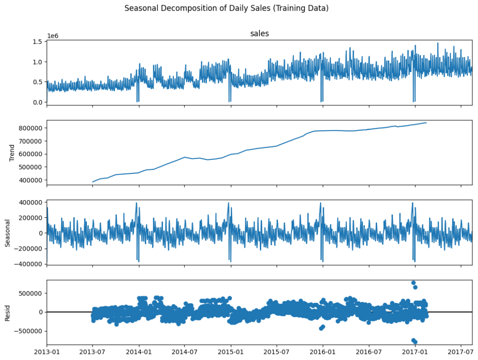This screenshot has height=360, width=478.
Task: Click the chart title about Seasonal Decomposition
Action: pyautogui.click(x=227, y=8)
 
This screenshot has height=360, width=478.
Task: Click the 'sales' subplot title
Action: pyautogui.click(x=259, y=33)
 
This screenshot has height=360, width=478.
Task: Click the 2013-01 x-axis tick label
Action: pyautogui.click(x=47, y=352)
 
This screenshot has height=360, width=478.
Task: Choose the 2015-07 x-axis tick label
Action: pyautogui.click(x=277, y=352)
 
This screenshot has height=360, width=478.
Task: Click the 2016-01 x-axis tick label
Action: pyautogui.click(x=322, y=352)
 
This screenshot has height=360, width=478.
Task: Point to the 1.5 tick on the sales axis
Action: pyautogui.click(x=37, y=42)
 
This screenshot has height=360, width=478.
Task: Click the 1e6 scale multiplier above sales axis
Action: pyautogui.click(x=53, y=36)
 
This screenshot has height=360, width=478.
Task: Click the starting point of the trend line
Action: pyautogui.click(x=93, y=182)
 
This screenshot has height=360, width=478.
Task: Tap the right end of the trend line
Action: pyautogui.click(x=426, y=122)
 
